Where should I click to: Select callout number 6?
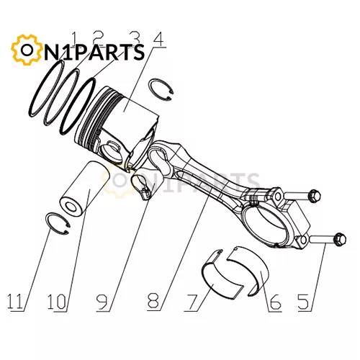click(275, 302)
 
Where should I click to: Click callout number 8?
click(153, 301)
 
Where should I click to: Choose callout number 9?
click(102, 302)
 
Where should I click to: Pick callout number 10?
click(57, 302)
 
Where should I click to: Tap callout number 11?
click(15, 302)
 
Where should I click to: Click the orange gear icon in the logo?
click(26, 50)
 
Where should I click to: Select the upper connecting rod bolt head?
click(314, 196)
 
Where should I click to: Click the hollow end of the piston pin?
click(71, 207)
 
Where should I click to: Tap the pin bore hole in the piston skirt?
click(111, 153)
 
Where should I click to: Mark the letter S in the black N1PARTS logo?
click(138, 52)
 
